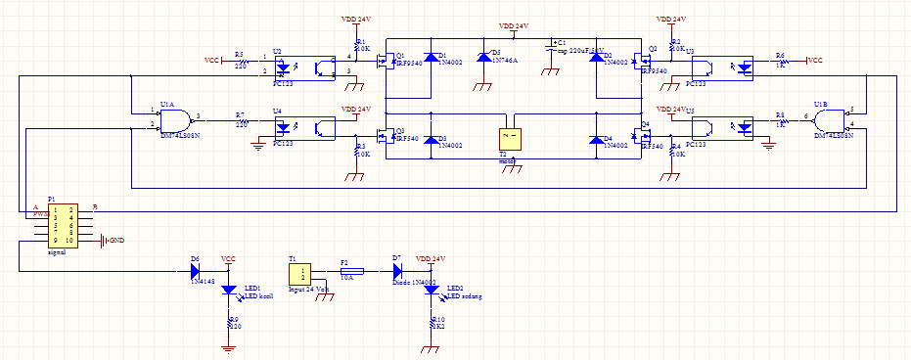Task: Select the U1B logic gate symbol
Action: pyautogui.click(x=830, y=118)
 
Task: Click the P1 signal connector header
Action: pyautogui.click(x=64, y=224)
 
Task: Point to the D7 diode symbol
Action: pyautogui.click(x=397, y=271)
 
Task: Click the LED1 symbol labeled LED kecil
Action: pyautogui.click(x=229, y=291)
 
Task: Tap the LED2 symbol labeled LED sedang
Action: pyautogui.click(x=432, y=292)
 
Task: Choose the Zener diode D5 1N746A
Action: pyautogui.click(x=482, y=58)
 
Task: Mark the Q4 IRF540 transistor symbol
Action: pyautogui.click(x=642, y=133)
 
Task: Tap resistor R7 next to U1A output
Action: pyautogui.click(x=240, y=121)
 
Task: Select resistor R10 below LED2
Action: pyautogui.click(x=432, y=323)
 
